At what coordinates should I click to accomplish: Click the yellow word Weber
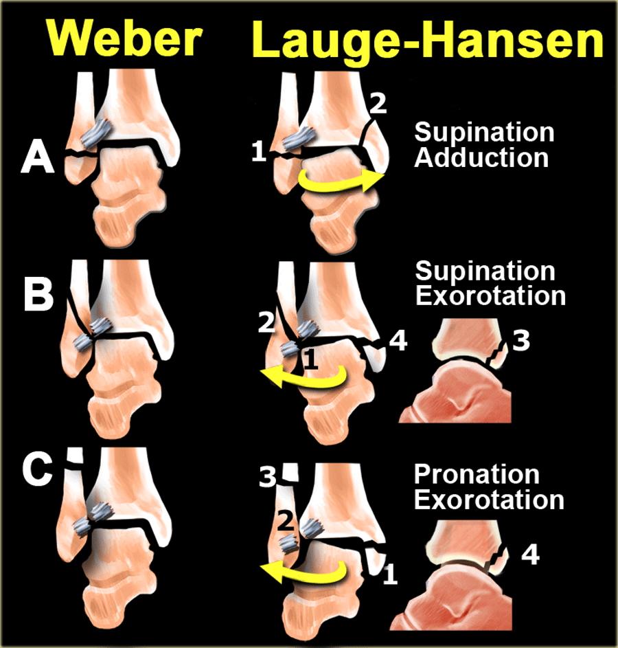click(x=124, y=38)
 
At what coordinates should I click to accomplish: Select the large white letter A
click(x=38, y=155)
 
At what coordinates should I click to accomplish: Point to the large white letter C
click(x=38, y=470)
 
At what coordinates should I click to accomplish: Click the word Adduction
click(x=481, y=158)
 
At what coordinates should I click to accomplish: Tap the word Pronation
click(x=477, y=474)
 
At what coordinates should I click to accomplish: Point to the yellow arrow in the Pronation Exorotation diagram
click(x=303, y=572)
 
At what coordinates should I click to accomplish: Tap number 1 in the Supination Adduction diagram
click(x=259, y=151)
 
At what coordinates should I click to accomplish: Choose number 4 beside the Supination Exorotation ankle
click(x=398, y=341)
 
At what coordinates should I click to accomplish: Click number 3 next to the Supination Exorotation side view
click(x=521, y=341)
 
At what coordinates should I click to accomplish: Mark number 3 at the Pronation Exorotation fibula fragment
click(x=268, y=478)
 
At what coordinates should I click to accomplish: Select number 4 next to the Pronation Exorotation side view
click(x=531, y=555)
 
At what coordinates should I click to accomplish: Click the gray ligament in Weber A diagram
click(x=95, y=133)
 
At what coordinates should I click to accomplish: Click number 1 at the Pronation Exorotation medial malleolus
click(x=390, y=574)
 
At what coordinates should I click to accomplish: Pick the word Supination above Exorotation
click(x=485, y=271)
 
